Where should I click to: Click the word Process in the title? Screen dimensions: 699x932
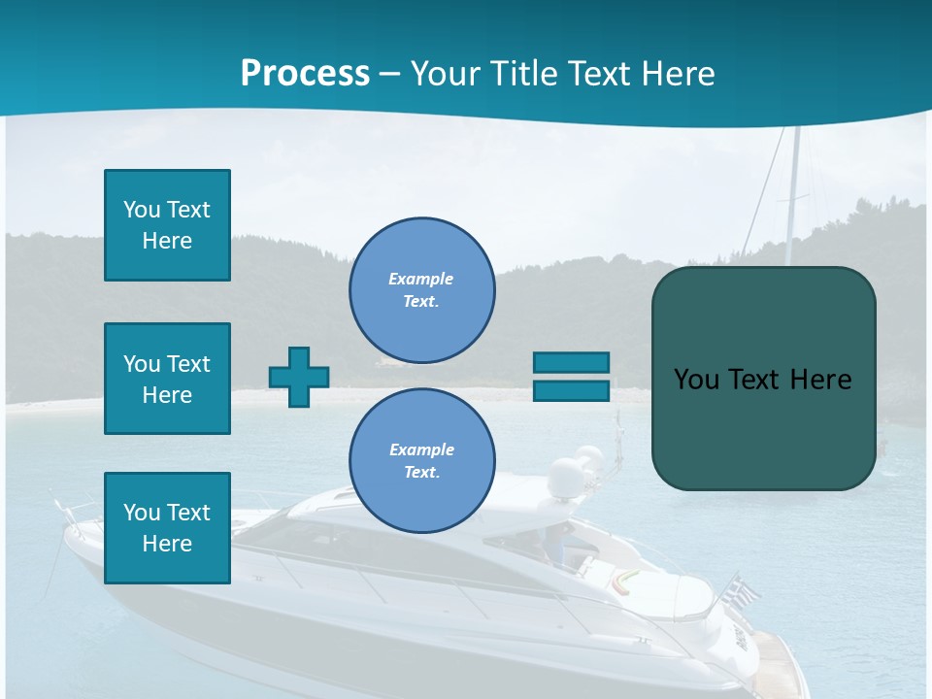[305, 74]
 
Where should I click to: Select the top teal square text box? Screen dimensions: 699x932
[167, 225]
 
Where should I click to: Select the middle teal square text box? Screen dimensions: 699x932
[167, 379]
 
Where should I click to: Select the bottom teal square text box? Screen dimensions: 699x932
[167, 527]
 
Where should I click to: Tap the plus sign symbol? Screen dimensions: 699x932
[299, 377]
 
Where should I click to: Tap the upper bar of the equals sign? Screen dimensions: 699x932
[572, 362]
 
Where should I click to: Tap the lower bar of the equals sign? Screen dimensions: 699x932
[572, 391]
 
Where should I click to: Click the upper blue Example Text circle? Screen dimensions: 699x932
[421, 289]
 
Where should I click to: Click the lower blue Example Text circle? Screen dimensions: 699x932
[421, 460]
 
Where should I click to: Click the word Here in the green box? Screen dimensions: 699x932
[820, 380]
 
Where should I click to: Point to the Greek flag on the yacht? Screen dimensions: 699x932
[742, 589]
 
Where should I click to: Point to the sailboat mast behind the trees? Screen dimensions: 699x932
[793, 194]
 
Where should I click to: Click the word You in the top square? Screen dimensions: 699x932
[141, 210]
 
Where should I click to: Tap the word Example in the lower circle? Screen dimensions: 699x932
[421, 449]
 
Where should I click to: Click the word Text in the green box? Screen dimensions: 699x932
[753, 380]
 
